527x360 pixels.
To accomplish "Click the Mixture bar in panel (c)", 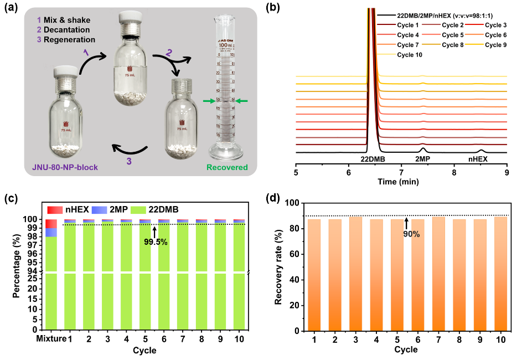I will point(51,277).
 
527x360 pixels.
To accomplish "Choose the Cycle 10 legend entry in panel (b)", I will point(410,55).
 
